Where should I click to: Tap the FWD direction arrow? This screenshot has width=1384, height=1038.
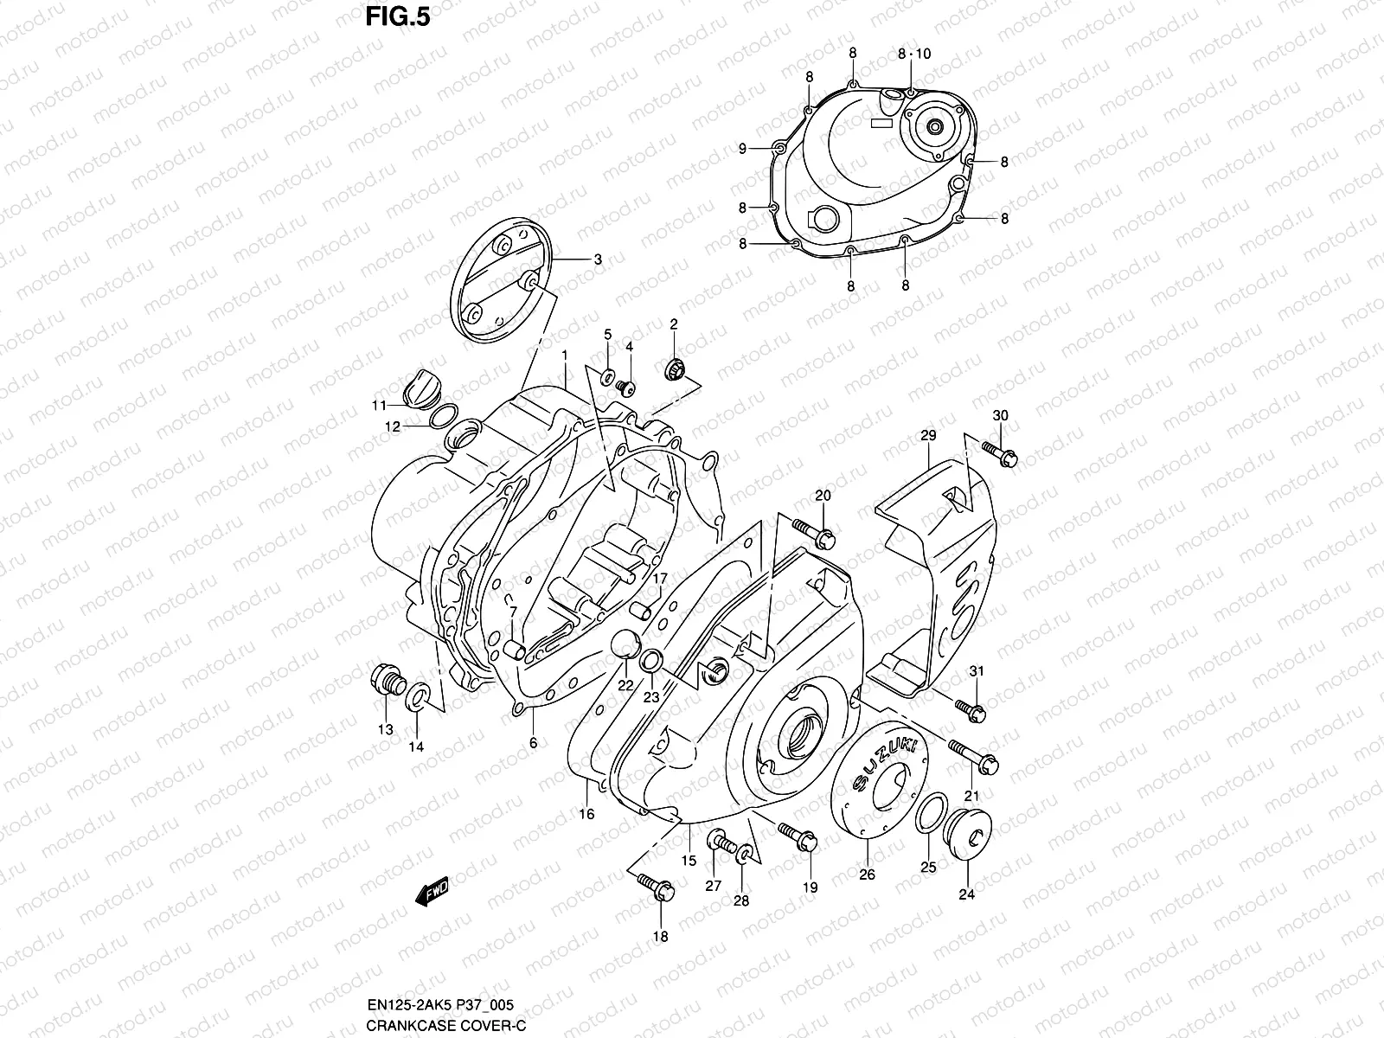click(x=432, y=893)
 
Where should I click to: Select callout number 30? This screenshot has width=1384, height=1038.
click(x=1000, y=415)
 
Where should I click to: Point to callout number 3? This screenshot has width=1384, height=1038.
click(x=597, y=259)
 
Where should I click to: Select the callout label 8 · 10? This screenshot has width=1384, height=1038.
click(x=914, y=54)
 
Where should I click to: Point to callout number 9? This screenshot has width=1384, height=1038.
click(x=742, y=149)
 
